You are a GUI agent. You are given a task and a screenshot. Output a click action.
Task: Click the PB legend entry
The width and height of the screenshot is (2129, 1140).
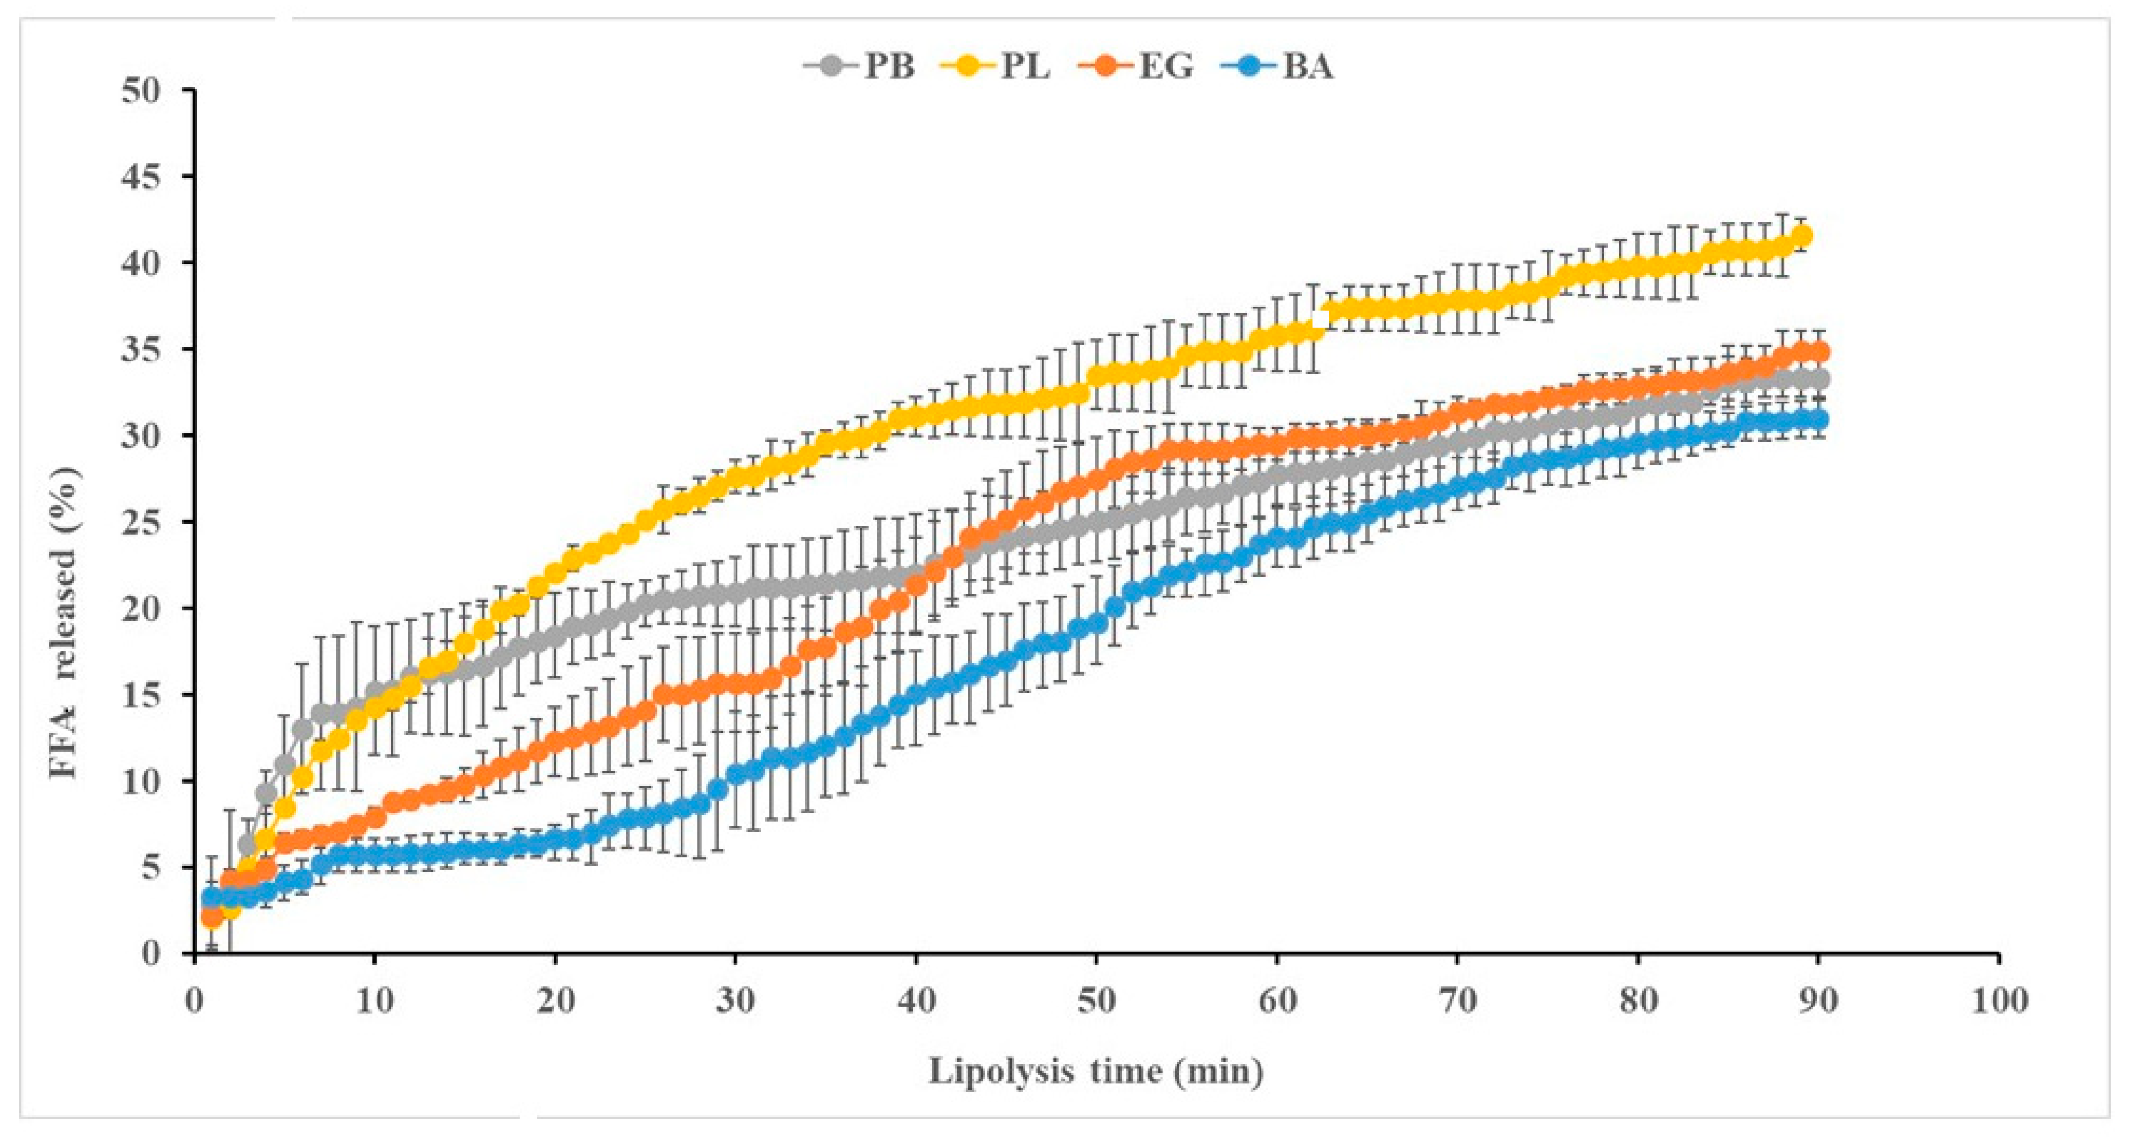pos(860,66)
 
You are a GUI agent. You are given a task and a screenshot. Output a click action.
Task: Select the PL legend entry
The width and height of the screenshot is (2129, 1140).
pos(996,66)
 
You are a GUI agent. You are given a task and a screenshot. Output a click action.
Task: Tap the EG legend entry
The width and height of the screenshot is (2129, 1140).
pos(1137,66)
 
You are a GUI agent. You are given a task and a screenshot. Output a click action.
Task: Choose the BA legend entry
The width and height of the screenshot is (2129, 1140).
pos(1277,66)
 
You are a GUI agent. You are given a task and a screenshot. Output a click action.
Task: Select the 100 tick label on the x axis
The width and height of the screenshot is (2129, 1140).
pos(1998,1001)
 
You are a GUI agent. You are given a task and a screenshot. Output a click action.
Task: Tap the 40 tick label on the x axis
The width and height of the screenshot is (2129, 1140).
pos(916,1001)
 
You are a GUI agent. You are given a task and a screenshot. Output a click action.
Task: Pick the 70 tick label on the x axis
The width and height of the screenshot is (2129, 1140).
pos(1457,1001)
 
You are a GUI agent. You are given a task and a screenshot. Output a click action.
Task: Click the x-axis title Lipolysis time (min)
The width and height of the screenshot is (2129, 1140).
pos(1096,1071)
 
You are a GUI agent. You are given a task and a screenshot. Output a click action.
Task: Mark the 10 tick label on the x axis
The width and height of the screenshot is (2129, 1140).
pos(375,1001)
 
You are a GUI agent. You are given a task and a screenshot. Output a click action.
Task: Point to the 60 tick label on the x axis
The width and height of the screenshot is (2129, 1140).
pos(1277,1001)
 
